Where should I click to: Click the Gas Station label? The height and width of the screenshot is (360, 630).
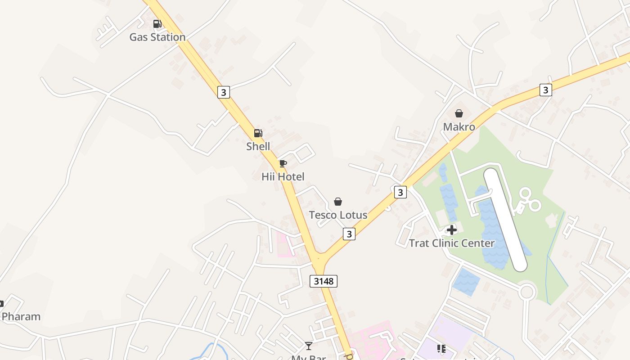pyautogui.click(x=157, y=37)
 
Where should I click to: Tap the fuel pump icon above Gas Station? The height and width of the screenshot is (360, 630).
pyautogui.click(x=157, y=24)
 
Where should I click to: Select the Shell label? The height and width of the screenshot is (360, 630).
pyautogui.click(x=258, y=146)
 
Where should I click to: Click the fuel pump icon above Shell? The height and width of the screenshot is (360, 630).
pyautogui.click(x=258, y=133)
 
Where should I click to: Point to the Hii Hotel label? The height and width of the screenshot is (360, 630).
pyautogui.click(x=283, y=177)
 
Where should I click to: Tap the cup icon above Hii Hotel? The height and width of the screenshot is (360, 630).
pyautogui.click(x=283, y=163)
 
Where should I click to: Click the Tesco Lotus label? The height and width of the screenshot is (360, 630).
pyautogui.click(x=338, y=215)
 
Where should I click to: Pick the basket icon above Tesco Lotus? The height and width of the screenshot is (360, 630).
pyautogui.click(x=338, y=202)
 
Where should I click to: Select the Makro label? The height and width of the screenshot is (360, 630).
pyautogui.click(x=459, y=127)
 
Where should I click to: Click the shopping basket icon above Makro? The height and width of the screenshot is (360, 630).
pyautogui.click(x=459, y=113)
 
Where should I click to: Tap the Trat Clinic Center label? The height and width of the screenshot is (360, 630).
pyautogui.click(x=451, y=243)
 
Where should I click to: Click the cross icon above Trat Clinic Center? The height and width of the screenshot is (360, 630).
pyautogui.click(x=451, y=230)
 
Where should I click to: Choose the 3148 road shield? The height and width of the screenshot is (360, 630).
pyautogui.click(x=324, y=281)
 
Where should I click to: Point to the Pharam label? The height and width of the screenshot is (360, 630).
pyautogui.click(x=21, y=316)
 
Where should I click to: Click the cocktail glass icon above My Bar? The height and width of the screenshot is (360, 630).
pyautogui.click(x=308, y=346)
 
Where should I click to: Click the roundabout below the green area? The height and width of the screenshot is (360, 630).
pyautogui.click(x=526, y=292)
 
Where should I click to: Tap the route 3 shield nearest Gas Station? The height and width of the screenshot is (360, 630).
pyautogui.click(x=223, y=92)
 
